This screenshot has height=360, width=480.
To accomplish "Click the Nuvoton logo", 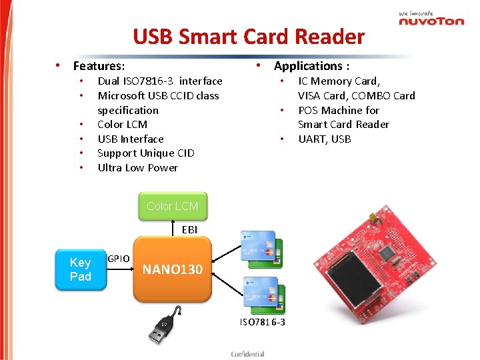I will [431, 19].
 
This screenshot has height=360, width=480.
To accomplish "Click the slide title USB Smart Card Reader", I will [249, 37].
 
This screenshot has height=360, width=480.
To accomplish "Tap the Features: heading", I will [99, 66].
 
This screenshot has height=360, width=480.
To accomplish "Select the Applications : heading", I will [311, 65].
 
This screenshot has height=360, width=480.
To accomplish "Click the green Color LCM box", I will [172, 206].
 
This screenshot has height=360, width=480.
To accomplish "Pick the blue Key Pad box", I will [80, 269].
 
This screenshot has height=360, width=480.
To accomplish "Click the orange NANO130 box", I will [172, 269].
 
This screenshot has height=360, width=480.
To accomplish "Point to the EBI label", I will [189, 229].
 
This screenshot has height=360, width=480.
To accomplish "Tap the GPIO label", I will [119, 258].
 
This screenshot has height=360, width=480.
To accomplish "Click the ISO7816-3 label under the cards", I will [262, 323].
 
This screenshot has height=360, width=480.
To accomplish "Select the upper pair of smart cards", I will [261, 247].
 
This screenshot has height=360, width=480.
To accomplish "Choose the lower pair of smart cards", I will [264, 294].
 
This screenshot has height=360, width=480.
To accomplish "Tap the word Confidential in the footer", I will [247, 354].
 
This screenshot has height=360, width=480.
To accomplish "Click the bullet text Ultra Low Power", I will [137, 168].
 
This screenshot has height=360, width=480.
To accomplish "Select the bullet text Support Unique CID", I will [146, 153].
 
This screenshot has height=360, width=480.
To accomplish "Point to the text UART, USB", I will [325, 139].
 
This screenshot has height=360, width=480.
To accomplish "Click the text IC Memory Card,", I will [339, 81].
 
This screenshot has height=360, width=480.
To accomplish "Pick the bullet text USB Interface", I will [131, 139].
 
